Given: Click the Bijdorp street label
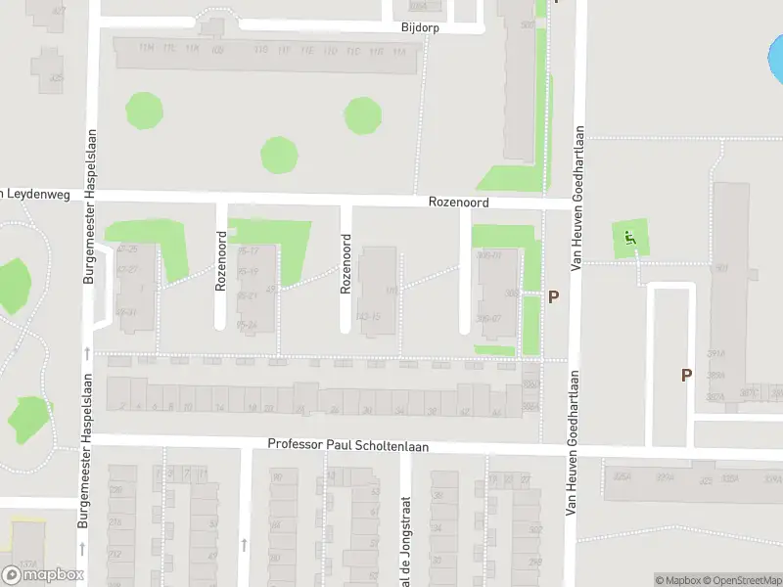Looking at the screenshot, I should [420, 28].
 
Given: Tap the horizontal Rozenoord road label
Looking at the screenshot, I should [458, 203].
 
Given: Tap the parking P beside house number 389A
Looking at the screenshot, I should [686, 375].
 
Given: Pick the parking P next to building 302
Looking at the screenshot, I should [553, 296].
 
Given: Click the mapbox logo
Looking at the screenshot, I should [43, 575].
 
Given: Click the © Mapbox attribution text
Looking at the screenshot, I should [678, 580].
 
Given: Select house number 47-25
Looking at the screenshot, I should [127, 250].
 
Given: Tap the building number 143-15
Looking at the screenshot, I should [368, 316].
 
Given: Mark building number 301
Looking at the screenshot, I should [721, 268].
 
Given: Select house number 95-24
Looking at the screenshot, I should [247, 325].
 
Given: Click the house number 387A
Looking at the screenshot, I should [749, 393].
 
